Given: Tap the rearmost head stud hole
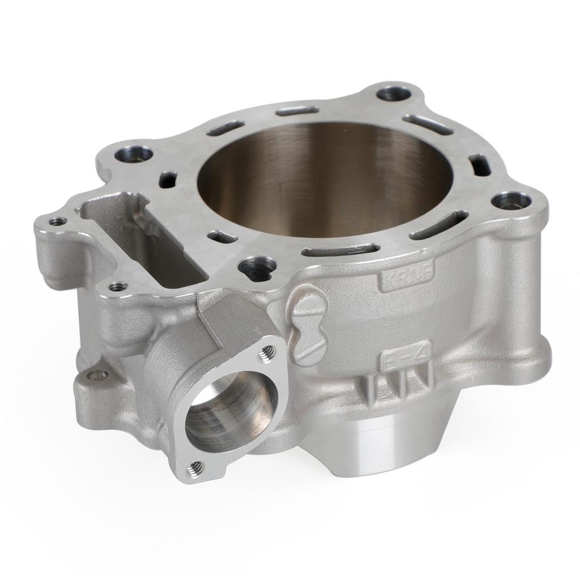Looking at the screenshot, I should [392, 93].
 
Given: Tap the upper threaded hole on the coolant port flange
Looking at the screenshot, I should [265, 355].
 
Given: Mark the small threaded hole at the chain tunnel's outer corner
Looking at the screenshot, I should [57, 221].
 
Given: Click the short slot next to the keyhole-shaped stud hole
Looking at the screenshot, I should [223, 237].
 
